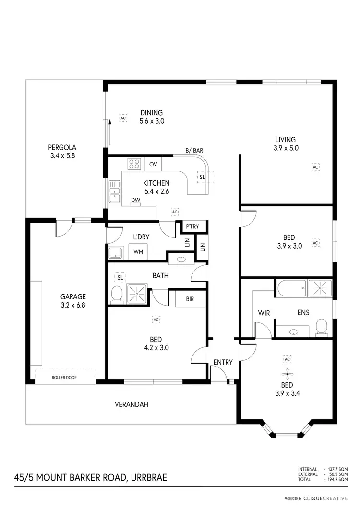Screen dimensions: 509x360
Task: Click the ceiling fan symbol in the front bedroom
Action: [x=288, y=375]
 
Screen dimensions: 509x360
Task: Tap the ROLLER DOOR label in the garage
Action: [x=64, y=377]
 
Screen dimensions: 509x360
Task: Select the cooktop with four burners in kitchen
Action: [x=134, y=164]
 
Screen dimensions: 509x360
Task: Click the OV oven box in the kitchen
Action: [x=153, y=164]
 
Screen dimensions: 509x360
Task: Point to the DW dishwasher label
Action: [x=135, y=200]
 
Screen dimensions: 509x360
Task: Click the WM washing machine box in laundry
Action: [x=138, y=252]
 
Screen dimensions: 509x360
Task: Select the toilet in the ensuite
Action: [x=322, y=328]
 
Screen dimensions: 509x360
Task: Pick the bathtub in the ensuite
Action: [x=291, y=288]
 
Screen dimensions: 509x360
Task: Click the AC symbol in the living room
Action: [x=315, y=167]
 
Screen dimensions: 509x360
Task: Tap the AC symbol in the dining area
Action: [x=123, y=118]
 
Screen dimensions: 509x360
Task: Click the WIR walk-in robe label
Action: [x=264, y=313]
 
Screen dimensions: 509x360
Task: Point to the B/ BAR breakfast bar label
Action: [x=194, y=151]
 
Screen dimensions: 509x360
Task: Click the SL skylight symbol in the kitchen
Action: [x=202, y=177]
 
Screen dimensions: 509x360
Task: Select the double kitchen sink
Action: [x=114, y=192]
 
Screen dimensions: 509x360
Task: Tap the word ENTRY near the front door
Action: [x=223, y=362]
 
